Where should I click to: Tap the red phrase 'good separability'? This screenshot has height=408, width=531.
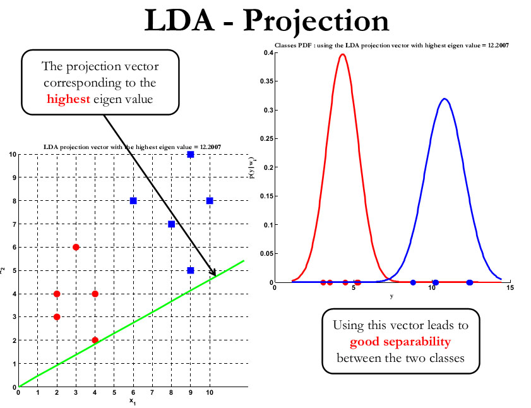click(400, 342)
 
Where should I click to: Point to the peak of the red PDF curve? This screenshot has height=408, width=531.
click(342, 54)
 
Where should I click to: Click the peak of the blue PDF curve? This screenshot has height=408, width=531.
click(444, 99)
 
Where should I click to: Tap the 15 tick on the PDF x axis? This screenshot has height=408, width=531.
click(510, 288)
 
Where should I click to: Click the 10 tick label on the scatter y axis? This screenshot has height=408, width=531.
click(12, 155)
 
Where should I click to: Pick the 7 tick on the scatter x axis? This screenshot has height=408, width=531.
click(152, 393)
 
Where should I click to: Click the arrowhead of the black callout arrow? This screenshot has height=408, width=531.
click(215, 275)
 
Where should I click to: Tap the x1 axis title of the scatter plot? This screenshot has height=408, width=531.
click(133, 400)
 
